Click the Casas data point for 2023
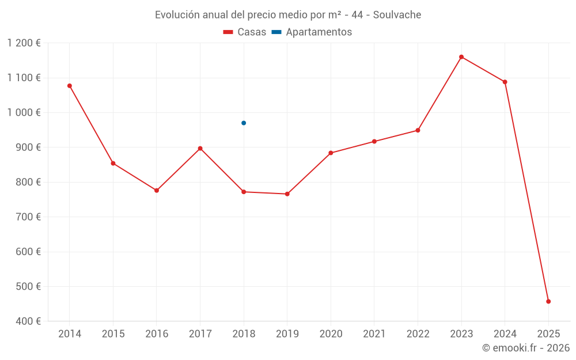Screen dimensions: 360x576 tap(461, 57)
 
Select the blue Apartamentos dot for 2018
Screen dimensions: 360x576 tap(244, 123)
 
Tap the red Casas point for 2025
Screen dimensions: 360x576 tap(548, 301)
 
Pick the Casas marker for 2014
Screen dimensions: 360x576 tap(70, 86)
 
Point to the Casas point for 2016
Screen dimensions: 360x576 tap(157, 191)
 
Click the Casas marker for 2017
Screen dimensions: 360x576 tap(200, 149)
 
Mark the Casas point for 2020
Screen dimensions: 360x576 tap(331, 153)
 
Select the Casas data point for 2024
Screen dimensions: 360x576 tap(505, 82)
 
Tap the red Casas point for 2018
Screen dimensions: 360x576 tap(244, 192)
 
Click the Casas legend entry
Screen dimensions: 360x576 tap(245, 32)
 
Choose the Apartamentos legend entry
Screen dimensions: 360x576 tap(312, 32)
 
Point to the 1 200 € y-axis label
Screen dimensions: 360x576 tap(24, 43)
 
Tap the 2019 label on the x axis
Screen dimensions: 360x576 tap(287, 334)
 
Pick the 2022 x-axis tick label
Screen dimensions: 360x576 tap(418, 334)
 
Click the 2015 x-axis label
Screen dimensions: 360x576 tap(113, 334)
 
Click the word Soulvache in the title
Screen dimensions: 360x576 tap(397, 15)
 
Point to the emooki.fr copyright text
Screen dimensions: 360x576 tap(525, 348)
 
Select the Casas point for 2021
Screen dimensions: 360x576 tap(374, 142)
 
